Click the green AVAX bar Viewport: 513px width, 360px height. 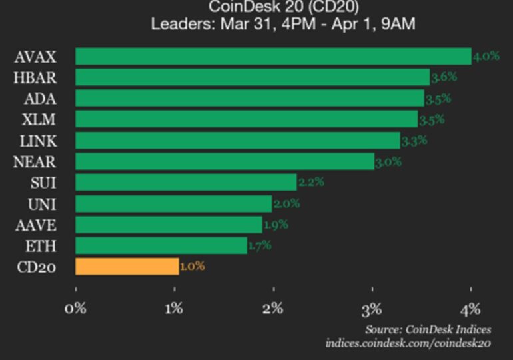click(273, 57)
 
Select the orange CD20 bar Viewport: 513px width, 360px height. click(127, 267)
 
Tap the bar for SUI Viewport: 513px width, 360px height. click(186, 183)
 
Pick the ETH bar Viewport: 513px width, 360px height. click(161, 246)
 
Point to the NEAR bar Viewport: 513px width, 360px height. click(225, 161)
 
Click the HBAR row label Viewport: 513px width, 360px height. click(35, 77)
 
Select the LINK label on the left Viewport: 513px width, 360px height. click(39, 141)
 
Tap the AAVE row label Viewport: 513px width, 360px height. click(35, 225)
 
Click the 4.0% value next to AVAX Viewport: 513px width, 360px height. click(486, 57)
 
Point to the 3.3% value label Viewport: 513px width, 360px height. click(414, 141)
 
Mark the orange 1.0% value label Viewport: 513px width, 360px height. click(192, 267)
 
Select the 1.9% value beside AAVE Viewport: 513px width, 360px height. click(275, 225)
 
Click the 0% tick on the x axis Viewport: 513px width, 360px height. click(75, 309)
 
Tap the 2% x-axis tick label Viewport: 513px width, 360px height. click(273, 309)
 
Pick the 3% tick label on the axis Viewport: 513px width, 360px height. click(372, 309)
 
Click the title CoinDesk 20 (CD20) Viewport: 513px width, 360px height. click(256, 7)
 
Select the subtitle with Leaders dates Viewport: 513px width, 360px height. click(256, 25)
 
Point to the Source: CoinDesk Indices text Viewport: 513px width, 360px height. click(428, 329)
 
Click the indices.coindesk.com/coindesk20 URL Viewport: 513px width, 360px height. click(408, 343)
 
